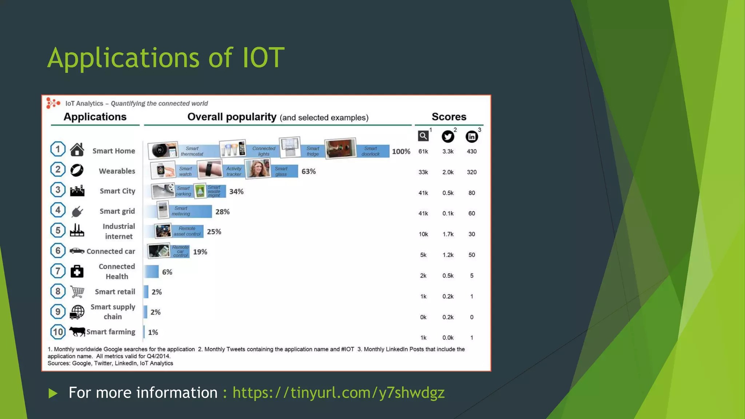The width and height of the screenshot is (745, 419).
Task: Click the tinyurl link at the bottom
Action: coord(338,393)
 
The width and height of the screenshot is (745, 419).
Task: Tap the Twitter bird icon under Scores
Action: coord(448,136)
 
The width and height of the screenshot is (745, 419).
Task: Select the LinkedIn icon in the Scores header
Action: coord(472,136)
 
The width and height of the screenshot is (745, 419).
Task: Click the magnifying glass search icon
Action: coord(423,136)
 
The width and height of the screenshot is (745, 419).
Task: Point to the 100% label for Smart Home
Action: coord(401,151)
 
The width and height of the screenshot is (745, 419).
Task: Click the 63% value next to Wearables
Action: coord(308,171)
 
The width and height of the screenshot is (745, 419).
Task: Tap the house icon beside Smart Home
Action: coord(77,149)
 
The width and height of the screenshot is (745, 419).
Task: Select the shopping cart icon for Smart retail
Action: coord(77,292)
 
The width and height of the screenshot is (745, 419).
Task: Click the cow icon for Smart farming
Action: coord(77,331)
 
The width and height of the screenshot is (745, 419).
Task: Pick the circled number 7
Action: coord(58,271)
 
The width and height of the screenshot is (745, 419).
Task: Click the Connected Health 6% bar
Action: coord(152,272)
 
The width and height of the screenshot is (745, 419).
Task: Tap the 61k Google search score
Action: coord(423,151)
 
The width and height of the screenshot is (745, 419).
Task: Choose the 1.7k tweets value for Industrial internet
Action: coord(448,234)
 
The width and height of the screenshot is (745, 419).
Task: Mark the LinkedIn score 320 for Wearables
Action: coord(471,172)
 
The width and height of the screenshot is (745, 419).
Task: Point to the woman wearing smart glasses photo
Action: coord(258,169)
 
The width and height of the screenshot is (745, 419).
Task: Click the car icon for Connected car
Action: coord(77,251)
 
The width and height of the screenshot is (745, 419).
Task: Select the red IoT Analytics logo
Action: coord(53,103)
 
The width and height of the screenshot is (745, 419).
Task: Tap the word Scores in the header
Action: coord(449,117)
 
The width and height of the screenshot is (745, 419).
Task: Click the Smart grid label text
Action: coord(117,211)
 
